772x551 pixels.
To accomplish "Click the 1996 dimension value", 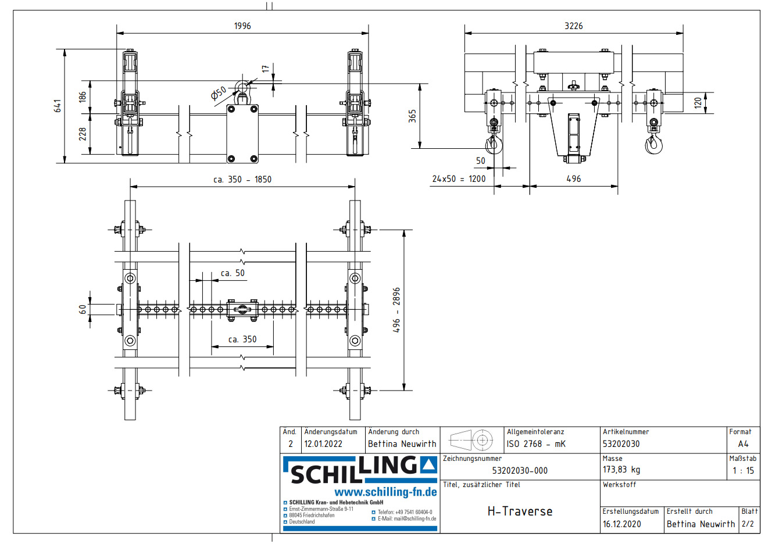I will click(x=242, y=26).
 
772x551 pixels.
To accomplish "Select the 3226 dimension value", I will click(x=573, y=26).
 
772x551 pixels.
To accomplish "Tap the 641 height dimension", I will click(x=58, y=106).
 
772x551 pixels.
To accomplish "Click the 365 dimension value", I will click(x=412, y=116).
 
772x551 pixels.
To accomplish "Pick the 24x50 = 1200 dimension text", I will click(x=459, y=179).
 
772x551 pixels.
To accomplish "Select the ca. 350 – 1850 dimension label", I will click(x=242, y=180).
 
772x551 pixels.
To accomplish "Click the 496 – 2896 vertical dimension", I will click(x=396, y=310).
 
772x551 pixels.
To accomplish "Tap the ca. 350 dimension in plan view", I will click(x=242, y=339).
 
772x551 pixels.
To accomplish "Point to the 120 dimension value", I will click(x=698, y=103).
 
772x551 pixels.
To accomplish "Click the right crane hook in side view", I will click(x=653, y=142).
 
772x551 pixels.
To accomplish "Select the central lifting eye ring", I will click(x=241, y=88).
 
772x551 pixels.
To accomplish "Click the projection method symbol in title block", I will click(x=471, y=441).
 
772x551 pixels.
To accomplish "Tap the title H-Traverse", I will click(x=520, y=511).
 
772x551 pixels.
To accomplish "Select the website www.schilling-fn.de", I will click(x=385, y=492).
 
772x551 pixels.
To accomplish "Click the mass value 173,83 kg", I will click(x=621, y=470).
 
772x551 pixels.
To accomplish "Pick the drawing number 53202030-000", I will click(x=520, y=471).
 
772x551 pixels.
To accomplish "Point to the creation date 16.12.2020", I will click(x=621, y=524).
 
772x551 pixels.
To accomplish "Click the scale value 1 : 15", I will click(x=742, y=471).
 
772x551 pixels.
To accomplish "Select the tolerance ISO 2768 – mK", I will click(x=535, y=444).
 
